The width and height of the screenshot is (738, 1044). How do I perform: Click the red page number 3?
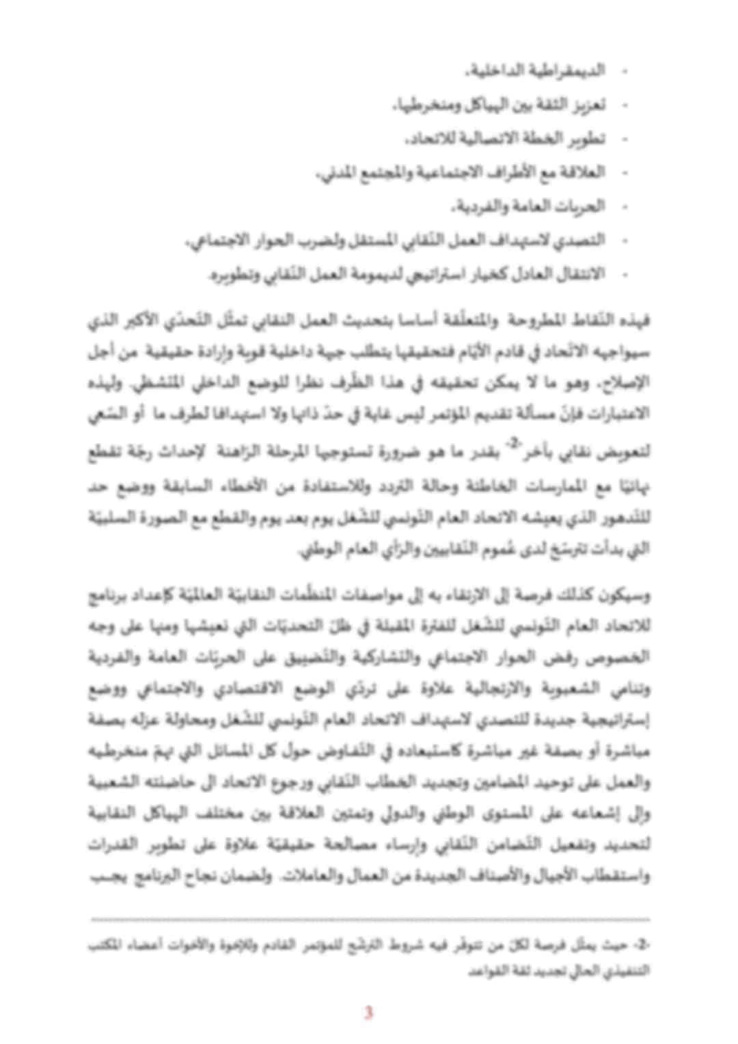[x=368, y=1012]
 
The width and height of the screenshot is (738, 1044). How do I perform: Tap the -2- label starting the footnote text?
[x=642, y=946]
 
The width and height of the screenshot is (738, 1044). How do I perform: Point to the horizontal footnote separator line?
[x=369, y=920]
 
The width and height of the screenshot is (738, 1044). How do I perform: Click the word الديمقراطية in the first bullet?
[x=572, y=70]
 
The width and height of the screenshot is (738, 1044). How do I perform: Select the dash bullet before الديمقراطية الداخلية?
[x=624, y=71]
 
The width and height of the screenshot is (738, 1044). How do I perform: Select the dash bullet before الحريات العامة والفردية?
[x=624, y=206]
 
